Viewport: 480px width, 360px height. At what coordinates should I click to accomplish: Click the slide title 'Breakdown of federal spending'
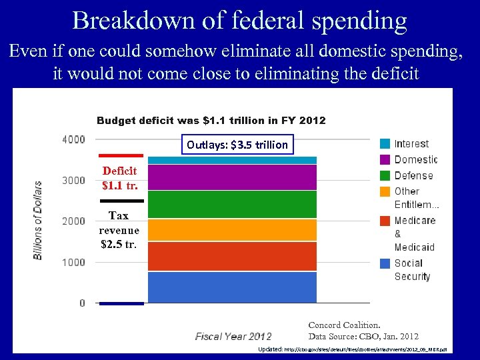[239, 21]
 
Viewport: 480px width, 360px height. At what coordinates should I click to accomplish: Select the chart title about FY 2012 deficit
[211, 121]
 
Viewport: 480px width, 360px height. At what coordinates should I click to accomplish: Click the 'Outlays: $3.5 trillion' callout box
[237, 145]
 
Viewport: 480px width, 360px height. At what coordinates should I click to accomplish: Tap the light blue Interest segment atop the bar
[232, 160]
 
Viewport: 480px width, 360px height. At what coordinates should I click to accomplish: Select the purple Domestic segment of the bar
[232, 177]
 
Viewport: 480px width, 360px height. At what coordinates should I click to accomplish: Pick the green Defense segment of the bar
[232, 205]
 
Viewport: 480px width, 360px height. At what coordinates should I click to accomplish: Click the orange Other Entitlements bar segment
[232, 230]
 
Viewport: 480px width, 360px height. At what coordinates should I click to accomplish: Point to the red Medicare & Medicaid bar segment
[232, 256]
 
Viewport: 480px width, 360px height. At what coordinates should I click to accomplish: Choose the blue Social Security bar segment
[232, 287]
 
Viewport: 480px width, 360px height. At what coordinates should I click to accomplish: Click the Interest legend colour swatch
[385, 143]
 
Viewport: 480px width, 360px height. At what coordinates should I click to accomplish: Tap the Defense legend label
[413, 175]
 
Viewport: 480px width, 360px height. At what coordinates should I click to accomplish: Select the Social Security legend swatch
[385, 263]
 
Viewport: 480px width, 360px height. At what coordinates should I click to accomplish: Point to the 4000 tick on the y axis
[73, 139]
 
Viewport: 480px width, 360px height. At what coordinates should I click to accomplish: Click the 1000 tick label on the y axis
[73, 262]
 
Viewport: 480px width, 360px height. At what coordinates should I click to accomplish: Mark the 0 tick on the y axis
[82, 303]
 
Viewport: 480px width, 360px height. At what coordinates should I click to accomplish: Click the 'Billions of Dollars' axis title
[38, 220]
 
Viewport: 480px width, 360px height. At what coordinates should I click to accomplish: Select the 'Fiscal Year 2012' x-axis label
[233, 337]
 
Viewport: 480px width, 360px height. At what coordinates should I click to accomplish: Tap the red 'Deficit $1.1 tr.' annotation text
[120, 177]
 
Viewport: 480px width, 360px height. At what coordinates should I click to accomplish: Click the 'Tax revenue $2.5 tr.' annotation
[119, 230]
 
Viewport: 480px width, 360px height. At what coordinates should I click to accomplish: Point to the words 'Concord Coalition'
[344, 325]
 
